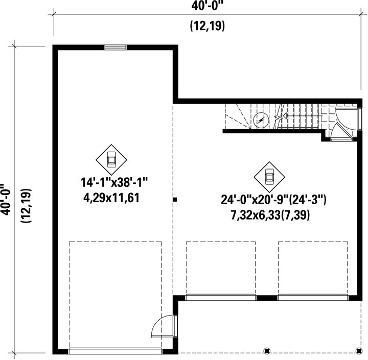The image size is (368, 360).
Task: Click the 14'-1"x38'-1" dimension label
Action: pyautogui.click(x=114, y=182)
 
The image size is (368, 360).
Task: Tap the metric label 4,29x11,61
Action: pyautogui.click(x=111, y=198)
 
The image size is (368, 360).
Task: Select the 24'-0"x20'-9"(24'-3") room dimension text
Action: pyautogui.click(x=273, y=200)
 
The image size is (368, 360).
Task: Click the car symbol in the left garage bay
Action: pyautogui.click(x=111, y=159)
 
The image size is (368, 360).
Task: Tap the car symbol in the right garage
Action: pyautogui.click(x=269, y=177)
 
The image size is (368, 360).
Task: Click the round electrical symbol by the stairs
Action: pyautogui.click(x=261, y=121)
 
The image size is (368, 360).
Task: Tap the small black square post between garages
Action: pyautogui.click(x=175, y=200)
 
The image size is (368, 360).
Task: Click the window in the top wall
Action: pyautogui.click(x=116, y=47)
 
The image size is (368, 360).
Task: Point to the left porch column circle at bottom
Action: pyautogui.click(x=267, y=351)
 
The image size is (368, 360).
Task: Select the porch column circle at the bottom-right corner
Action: pyautogui.click(x=359, y=351)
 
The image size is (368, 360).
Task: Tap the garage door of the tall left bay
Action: pyautogui.click(x=115, y=351)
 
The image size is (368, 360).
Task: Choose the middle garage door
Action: pyautogui.click(x=220, y=298)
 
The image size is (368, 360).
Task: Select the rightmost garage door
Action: pyautogui.click(x=313, y=298)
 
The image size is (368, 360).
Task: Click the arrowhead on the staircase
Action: pyautogui.click(x=285, y=116)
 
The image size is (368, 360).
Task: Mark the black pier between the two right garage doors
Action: pyautogui.click(x=267, y=298)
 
